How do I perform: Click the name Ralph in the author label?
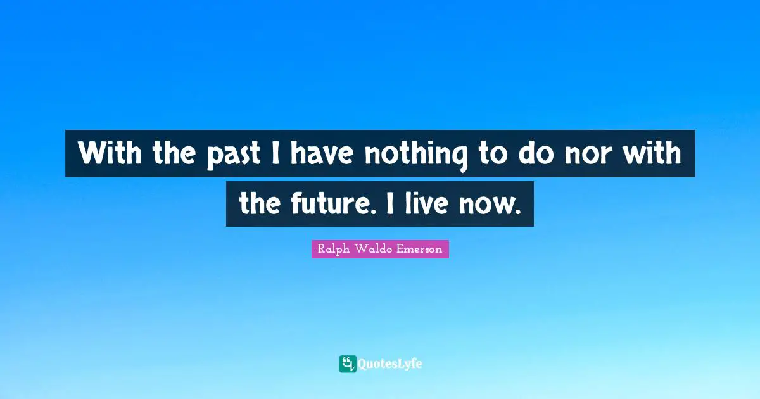pyautogui.click(x=333, y=250)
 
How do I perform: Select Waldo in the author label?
pyautogui.click(x=372, y=250)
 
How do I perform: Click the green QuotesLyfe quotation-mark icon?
pyautogui.click(x=347, y=364)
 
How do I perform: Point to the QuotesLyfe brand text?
pyautogui.click(x=390, y=364)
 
